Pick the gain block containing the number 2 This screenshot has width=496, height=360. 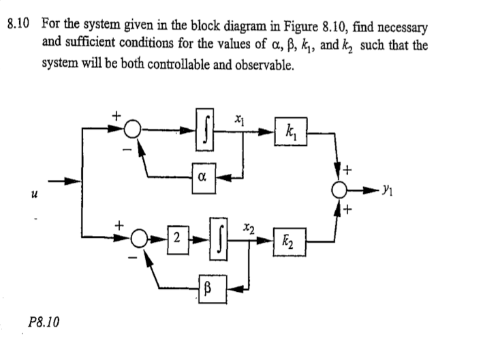[176, 239]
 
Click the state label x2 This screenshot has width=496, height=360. [250, 226]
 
